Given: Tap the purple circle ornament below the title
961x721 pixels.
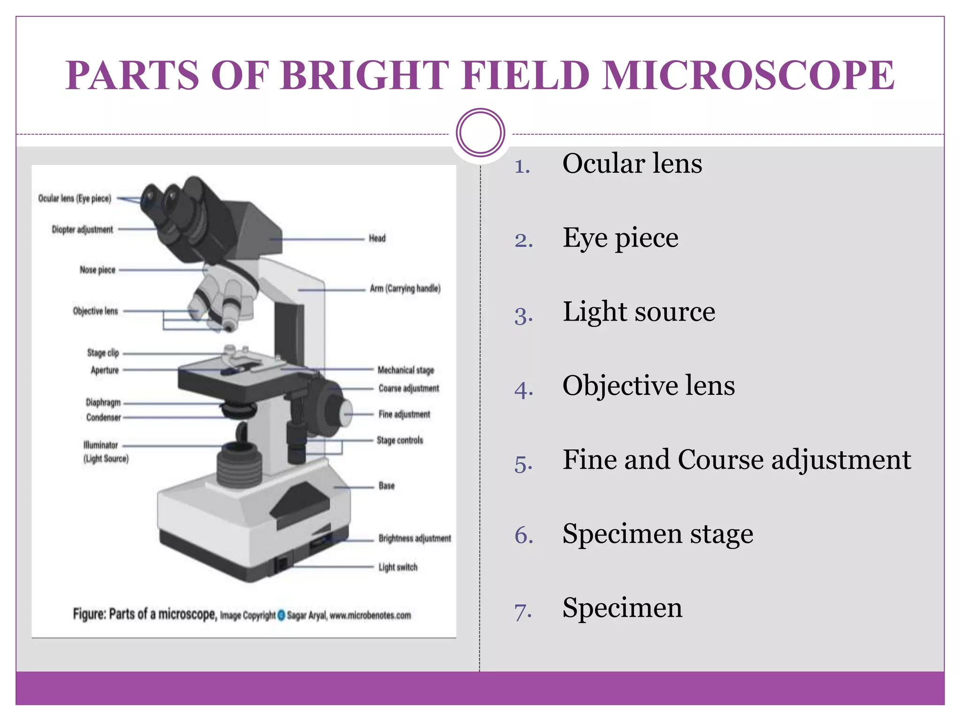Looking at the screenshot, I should click(x=480, y=133).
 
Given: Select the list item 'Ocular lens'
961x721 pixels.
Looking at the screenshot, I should click(x=632, y=164).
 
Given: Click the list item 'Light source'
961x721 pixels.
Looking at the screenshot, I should click(x=639, y=312).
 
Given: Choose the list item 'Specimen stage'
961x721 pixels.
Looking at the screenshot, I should click(x=657, y=534).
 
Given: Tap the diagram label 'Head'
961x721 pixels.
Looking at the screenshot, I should click(x=377, y=238).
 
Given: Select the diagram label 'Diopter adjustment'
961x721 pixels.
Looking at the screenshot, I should click(x=82, y=230).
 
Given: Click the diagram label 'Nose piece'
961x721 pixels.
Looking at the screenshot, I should click(x=97, y=270).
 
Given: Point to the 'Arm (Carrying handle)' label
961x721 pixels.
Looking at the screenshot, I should click(x=405, y=289).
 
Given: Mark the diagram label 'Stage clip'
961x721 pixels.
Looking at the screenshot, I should click(x=103, y=353).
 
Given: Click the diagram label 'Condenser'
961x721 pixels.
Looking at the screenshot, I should click(x=103, y=417).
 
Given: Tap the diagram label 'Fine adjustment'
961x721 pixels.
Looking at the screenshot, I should click(x=404, y=414).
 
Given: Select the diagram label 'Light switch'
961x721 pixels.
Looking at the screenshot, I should click(x=397, y=568).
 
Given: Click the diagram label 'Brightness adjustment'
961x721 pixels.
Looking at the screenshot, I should click(x=414, y=538).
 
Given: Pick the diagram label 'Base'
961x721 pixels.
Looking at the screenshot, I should click(x=386, y=486).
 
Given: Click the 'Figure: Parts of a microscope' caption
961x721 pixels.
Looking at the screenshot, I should click(x=145, y=614).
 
